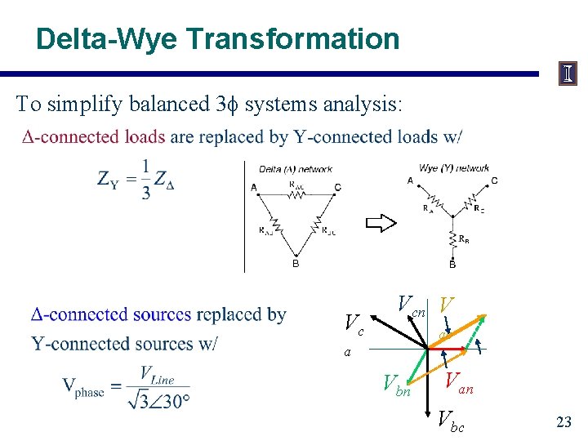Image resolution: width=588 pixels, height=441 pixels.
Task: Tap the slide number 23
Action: (563, 421)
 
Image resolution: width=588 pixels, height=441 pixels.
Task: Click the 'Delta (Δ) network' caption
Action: (295, 169)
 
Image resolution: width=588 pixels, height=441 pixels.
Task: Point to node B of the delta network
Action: (296, 263)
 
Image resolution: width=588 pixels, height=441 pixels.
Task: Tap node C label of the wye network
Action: (495, 180)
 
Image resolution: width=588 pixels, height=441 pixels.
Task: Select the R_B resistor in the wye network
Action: (452, 239)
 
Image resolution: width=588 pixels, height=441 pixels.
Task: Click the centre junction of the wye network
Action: (452, 217)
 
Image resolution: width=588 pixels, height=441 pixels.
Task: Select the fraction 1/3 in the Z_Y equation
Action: (145, 179)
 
